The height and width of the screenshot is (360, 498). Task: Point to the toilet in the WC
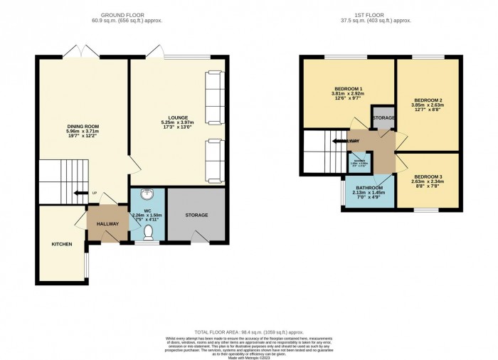pyautogui.click(x=148, y=232)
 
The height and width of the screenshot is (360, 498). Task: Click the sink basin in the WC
pyautogui.click(x=147, y=193)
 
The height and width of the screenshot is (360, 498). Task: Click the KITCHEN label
pyautogui.click(x=61, y=245)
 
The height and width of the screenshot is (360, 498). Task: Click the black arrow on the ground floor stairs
pyautogui.click(x=94, y=192)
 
